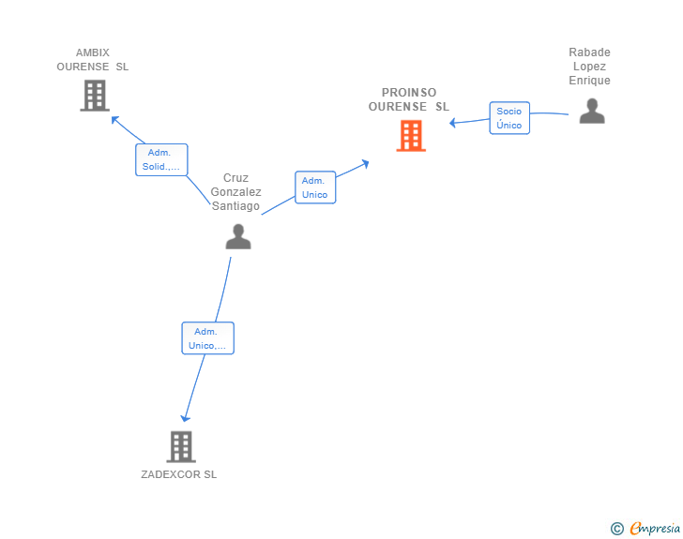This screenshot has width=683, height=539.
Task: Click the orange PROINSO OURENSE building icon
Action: (x=411, y=136)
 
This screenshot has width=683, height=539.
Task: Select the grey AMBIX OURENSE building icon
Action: (x=95, y=96)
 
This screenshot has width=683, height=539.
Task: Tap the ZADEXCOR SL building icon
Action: (x=181, y=447)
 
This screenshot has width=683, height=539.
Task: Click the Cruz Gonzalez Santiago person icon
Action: (x=238, y=236)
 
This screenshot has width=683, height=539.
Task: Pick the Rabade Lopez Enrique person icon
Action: (x=592, y=111)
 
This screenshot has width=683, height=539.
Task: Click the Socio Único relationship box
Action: (x=509, y=118)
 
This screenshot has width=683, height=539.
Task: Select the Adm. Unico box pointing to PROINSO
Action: (x=315, y=187)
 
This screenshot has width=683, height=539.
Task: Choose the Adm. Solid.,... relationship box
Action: (x=161, y=159)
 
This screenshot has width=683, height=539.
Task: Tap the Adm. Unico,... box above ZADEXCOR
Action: (x=207, y=338)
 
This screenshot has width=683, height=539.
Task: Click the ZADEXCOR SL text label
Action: (x=178, y=474)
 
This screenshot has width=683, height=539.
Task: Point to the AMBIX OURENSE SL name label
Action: (x=92, y=60)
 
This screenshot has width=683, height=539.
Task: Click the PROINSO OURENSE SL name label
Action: (x=409, y=99)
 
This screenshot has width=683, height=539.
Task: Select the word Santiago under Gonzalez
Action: (x=235, y=206)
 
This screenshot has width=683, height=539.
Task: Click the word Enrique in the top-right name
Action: (x=589, y=81)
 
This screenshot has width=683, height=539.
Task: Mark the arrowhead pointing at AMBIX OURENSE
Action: (x=115, y=120)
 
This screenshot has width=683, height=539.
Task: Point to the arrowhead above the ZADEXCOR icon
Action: (x=186, y=418)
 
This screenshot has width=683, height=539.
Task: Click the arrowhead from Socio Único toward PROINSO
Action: (x=452, y=123)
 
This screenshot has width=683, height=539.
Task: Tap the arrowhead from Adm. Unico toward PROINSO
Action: (x=365, y=164)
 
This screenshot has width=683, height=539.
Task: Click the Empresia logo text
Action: (x=655, y=528)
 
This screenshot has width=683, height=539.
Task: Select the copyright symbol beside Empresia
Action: (x=616, y=529)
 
